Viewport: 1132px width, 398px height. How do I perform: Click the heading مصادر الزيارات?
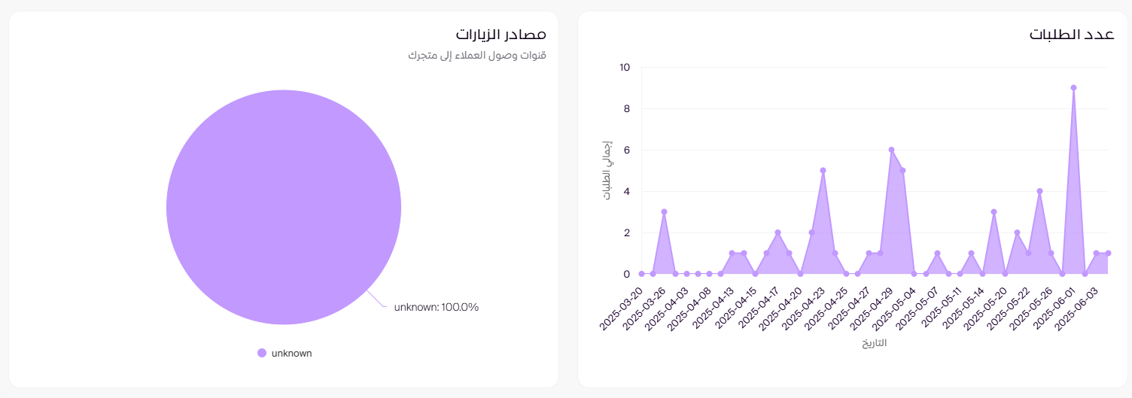point(501,35)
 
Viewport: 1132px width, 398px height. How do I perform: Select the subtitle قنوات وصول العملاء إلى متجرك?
point(476,56)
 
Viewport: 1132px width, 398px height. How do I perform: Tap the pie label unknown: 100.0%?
point(437,307)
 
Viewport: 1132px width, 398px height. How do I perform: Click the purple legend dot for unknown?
point(262,353)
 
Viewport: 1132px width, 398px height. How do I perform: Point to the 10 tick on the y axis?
point(625,67)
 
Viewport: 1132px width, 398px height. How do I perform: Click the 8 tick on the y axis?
point(626,108)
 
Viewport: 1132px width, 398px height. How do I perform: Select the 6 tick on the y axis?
point(626,150)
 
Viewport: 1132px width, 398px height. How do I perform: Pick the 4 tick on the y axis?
point(626,191)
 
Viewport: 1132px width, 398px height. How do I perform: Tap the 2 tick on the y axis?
point(626,232)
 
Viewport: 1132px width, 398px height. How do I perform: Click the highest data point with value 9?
point(1073,87)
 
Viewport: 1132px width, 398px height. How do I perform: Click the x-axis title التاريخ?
point(875,344)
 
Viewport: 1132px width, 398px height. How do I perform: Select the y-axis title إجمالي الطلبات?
point(607,170)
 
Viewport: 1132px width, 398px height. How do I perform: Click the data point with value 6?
point(891,150)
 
